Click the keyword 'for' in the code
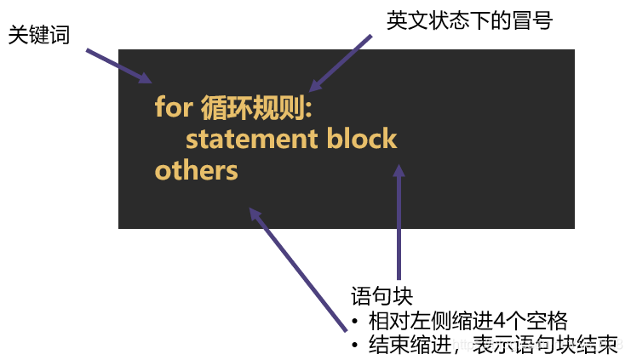click(x=174, y=108)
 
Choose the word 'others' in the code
click(x=196, y=170)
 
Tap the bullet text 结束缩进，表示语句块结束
click(x=492, y=346)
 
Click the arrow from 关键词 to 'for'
click(x=118, y=66)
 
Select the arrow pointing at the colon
click(x=341, y=62)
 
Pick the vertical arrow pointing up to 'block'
click(x=399, y=221)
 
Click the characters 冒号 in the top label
click(x=533, y=20)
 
